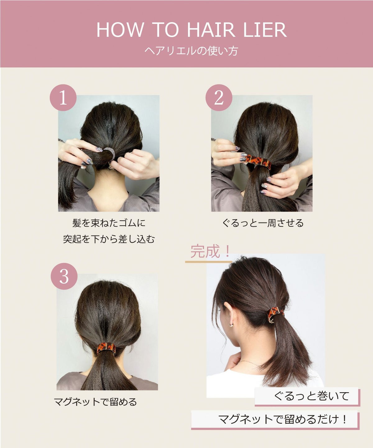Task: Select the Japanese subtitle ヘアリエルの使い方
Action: (x=191, y=51)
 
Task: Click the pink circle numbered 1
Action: (x=63, y=98)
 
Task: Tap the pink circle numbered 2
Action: (x=219, y=98)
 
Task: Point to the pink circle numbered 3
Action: (x=64, y=276)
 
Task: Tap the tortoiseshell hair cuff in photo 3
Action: (x=106, y=348)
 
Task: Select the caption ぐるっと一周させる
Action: (x=263, y=223)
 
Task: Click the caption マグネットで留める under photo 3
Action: (x=95, y=402)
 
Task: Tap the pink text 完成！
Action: (x=210, y=251)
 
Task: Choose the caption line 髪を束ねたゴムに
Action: (x=109, y=223)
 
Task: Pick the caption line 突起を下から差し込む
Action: (x=109, y=239)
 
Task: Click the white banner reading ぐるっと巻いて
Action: (x=307, y=396)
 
